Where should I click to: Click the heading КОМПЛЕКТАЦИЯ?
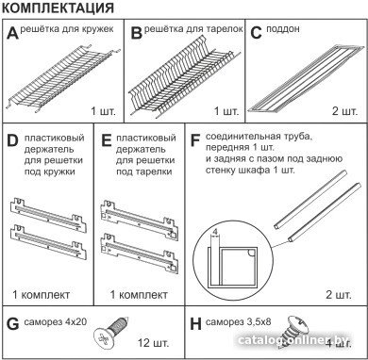58,8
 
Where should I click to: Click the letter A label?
13,32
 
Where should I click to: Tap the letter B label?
137,32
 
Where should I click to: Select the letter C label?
257,32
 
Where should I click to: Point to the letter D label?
12,140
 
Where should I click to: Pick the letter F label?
195,140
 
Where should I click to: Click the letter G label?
12,324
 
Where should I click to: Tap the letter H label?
196,324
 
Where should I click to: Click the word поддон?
283,29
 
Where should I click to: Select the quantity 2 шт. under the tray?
344,111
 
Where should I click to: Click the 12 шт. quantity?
153,342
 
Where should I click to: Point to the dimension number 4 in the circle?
215,232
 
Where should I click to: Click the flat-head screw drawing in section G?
111,333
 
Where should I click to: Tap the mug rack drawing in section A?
62,78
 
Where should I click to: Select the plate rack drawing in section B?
184,75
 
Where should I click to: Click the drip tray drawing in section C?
305,78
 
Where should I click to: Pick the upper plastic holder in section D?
48,215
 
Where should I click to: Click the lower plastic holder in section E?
140,254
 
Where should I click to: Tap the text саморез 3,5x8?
238,321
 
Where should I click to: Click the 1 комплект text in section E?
139,295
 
